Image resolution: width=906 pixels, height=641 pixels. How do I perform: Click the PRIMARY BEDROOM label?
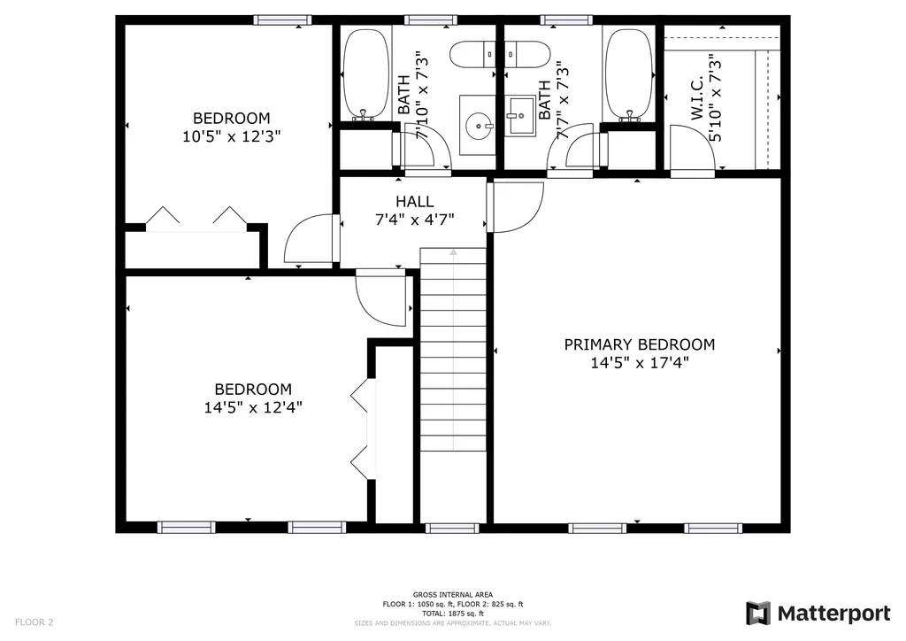[x=639, y=344]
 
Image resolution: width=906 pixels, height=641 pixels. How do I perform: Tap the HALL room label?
[x=415, y=202]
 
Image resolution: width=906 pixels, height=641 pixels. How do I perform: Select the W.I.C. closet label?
[x=697, y=97]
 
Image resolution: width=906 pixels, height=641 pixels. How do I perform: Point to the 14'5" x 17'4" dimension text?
[x=639, y=363]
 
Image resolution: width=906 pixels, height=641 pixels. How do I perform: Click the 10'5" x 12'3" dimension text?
[x=231, y=136]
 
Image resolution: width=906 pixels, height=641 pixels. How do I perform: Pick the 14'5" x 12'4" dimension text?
[x=253, y=407]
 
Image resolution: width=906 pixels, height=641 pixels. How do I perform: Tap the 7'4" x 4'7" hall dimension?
[x=415, y=220]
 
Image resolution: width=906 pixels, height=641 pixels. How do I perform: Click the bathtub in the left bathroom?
[x=365, y=74]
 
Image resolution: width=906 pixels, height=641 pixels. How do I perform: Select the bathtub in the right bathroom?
[x=629, y=74]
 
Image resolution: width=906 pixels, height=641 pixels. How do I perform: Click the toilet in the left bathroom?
[x=472, y=54]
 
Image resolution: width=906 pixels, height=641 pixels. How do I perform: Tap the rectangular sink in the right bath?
[x=520, y=116]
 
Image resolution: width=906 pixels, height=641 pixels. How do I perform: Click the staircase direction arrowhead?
[x=454, y=252]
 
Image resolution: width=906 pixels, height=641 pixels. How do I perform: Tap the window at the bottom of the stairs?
[x=452, y=528]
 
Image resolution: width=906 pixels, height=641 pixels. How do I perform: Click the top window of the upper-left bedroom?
[x=282, y=20]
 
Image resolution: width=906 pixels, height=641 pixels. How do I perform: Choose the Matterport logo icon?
[x=758, y=614]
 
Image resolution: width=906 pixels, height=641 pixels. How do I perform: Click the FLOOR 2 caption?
[x=35, y=622]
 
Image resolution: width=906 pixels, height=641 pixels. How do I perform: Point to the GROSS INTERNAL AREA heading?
[x=453, y=595]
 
